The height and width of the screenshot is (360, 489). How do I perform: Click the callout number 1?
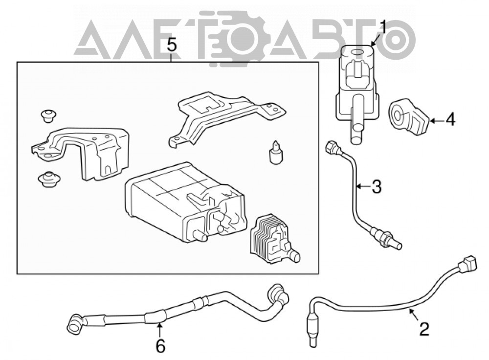pos(383,28)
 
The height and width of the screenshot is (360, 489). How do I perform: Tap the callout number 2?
pos(424,329)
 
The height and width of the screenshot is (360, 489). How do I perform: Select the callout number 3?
pos(377,186)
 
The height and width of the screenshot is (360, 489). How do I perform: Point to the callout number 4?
pos(450,120)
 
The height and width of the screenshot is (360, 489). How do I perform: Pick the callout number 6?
pos(160,346)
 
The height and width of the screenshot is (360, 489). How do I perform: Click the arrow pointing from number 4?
pos(436,120)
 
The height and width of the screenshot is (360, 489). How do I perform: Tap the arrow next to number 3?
pos(363,186)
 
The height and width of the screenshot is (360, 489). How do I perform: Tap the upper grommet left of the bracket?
pos(48,116)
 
